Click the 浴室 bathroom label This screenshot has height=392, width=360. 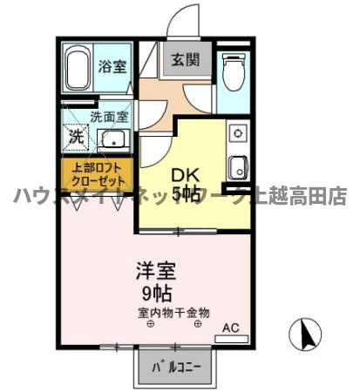(x=110, y=65)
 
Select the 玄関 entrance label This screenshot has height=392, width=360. (x=183, y=60)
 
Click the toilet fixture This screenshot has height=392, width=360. (x=233, y=72)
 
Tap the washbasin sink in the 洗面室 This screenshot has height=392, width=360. (x=112, y=139)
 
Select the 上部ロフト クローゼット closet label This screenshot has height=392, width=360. (x=96, y=175)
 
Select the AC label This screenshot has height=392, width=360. (x=230, y=328)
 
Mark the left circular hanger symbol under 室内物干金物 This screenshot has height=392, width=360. (x=149, y=325)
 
